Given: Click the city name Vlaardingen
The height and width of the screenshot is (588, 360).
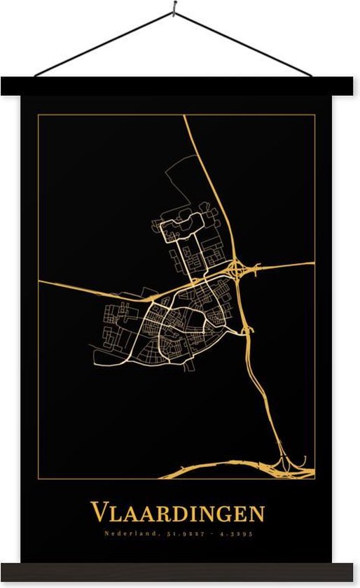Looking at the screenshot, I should point(177,513).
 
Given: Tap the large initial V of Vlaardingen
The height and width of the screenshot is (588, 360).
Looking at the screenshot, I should point(98,512).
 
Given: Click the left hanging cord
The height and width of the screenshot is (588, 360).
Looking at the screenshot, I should point(105,43).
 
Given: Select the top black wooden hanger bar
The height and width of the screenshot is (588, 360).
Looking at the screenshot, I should point(180,86).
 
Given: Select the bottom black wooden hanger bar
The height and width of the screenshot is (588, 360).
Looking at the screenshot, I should point(180,572).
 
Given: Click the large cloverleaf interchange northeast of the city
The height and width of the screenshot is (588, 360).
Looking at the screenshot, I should point(238,269).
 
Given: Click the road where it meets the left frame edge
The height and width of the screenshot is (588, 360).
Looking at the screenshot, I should point(40,282).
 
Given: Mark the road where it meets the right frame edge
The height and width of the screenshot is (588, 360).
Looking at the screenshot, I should point(313,263).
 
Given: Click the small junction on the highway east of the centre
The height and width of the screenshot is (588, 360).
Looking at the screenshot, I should point(244,328).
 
